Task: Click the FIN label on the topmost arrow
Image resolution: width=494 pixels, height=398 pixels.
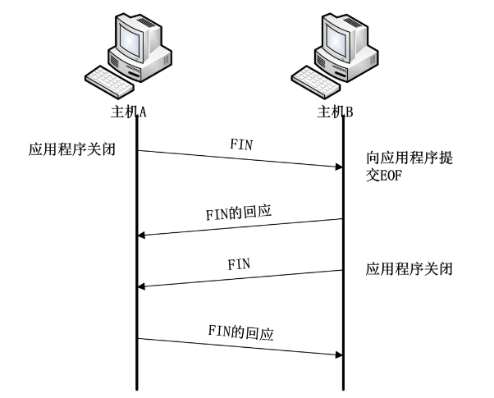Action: tap(240, 143)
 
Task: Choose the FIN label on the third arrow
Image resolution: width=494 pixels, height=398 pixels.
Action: tap(238, 264)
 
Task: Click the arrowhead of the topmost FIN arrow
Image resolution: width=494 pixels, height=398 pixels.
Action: tap(336, 167)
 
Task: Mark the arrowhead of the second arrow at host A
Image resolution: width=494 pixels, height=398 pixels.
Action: tap(142, 236)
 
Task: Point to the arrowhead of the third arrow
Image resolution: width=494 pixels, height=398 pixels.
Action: tap(142, 286)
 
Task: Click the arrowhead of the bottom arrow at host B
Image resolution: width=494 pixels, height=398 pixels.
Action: tap(336, 355)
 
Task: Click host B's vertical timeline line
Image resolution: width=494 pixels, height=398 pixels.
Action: tap(342, 312)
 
